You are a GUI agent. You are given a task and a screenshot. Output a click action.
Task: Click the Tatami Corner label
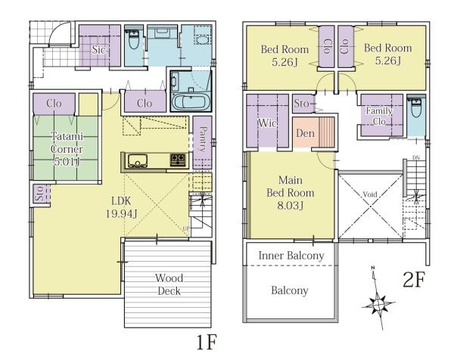[x=67, y=149]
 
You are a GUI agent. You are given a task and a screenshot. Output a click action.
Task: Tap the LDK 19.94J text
[x=121, y=207]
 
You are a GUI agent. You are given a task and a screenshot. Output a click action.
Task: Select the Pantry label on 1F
[x=203, y=139]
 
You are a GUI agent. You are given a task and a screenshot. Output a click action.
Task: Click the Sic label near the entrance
[x=98, y=49]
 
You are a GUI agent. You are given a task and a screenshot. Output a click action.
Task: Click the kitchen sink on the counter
[x=138, y=161]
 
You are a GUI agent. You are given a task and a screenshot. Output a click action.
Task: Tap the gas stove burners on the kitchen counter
[x=178, y=160]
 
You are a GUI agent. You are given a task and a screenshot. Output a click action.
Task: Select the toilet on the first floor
[x=134, y=39]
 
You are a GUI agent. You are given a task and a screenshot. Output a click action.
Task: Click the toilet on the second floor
[x=416, y=108]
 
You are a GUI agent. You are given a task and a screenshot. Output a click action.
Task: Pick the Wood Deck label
[x=169, y=284]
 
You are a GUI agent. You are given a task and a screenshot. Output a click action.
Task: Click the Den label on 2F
[x=305, y=133]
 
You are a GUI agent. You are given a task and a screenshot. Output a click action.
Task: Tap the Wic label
[x=267, y=123]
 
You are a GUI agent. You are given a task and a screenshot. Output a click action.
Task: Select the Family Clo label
[x=379, y=116]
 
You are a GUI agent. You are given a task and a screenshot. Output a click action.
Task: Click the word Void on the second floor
[x=370, y=194]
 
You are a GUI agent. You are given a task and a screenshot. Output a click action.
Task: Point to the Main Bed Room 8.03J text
[x=290, y=193]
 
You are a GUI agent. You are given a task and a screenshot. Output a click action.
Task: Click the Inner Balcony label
[x=291, y=256]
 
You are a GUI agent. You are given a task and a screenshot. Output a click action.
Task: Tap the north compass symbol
[x=378, y=304]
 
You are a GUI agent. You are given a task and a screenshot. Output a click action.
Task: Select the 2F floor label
[x=414, y=280]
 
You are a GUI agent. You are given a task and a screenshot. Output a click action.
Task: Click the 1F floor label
[x=207, y=343]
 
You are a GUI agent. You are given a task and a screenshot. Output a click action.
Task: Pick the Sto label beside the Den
[x=301, y=104]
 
